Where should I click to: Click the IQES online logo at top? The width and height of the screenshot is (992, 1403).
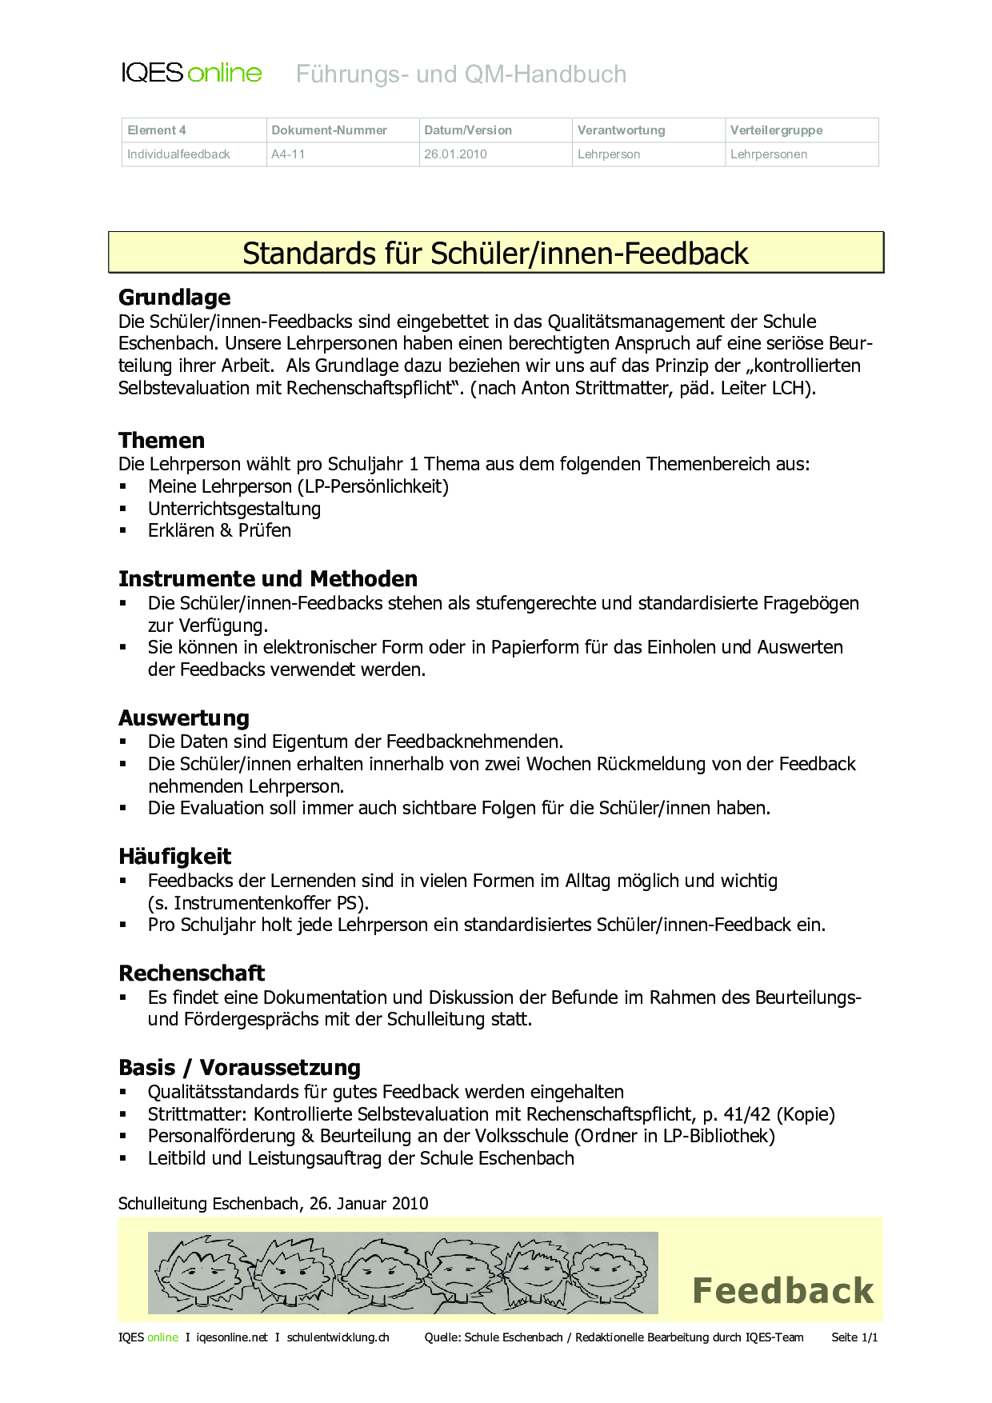(x=191, y=74)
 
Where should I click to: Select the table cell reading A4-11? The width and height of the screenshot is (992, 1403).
(x=288, y=154)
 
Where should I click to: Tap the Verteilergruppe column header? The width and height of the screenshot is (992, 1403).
(x=776, y=130)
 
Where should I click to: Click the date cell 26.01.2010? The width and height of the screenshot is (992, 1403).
(x=455, y=154)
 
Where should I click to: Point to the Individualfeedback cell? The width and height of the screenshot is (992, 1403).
(x=178, y=154)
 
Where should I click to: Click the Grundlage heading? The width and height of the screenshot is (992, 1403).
(x=174, y=298)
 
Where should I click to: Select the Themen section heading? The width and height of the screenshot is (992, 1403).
(x=162, y=441)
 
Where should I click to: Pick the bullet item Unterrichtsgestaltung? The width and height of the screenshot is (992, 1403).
(x=234, y=509)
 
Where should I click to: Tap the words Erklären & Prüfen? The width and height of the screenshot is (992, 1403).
(x=219, y=530)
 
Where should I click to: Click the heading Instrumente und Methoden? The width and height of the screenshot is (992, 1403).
(x=268, y=579)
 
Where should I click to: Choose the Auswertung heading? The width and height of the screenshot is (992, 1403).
(x=184, y=718)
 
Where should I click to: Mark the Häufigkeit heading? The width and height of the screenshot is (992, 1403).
(x=174, y=857)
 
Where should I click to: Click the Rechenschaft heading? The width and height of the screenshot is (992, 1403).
(x=191, y=973)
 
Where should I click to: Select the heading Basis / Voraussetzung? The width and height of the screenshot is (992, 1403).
(x=239, y=1068)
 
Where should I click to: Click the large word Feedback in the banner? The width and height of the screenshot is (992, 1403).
(x=782, y=1291)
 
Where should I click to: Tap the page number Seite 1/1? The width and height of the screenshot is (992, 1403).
(x=854, y=1337)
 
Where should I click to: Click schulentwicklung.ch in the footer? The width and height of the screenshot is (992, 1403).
(x=338, y=1337)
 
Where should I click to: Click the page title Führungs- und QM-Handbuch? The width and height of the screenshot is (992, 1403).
(x=461, y=74)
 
